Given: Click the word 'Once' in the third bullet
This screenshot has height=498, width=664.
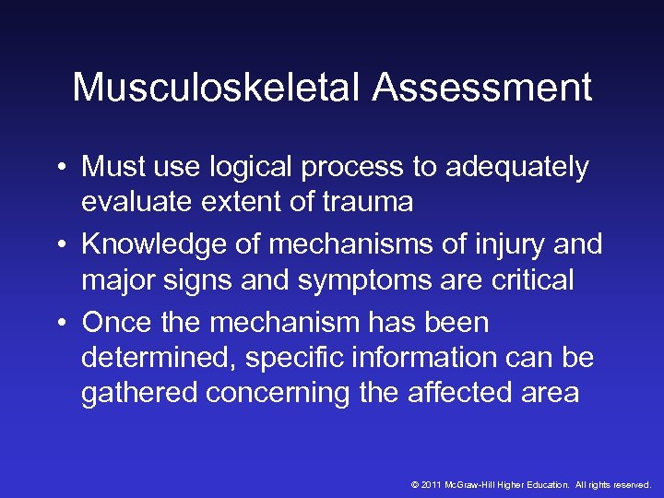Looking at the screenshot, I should (x=115, y=324).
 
